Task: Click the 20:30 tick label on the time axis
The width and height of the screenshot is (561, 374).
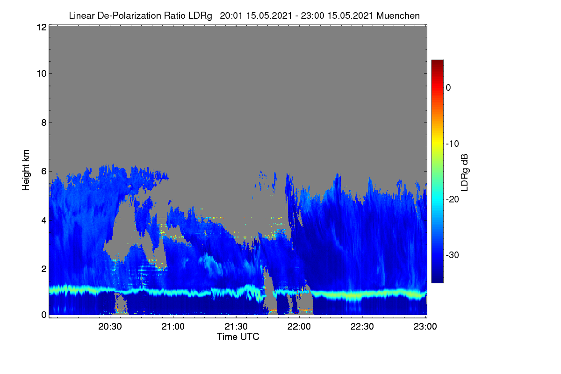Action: [x=110, y=326]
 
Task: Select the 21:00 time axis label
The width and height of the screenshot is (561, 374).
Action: [x=173, y=326]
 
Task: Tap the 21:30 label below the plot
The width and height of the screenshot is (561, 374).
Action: [x=236, y=326]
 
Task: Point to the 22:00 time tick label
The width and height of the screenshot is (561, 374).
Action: [x=299, y=326]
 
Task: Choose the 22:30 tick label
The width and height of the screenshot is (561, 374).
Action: [x=362, y=326]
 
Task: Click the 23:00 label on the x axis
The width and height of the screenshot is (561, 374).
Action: [x=425, y=326]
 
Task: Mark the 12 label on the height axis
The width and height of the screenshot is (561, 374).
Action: [x=42, y=27]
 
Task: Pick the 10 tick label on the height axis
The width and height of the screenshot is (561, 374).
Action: [x=42, y=74]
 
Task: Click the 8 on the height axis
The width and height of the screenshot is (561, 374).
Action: [x=44, y=122]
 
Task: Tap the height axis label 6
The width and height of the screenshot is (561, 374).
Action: [x=44, y=172]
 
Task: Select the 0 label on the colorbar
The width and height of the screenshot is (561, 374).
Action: [x=448, y=88]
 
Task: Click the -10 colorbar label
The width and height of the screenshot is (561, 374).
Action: [x=453, y=144]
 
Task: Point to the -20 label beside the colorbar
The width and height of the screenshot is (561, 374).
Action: [x=453, y=200]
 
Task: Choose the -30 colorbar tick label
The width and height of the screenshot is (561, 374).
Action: [x=453, y=255]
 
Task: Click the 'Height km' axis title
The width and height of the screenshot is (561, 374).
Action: [x=26, y=170]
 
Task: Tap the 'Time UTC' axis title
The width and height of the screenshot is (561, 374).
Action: [x=238, y=337]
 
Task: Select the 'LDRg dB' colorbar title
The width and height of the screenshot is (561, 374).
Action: [x=465, y=173]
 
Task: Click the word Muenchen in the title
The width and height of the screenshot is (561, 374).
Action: [x=398, y=15]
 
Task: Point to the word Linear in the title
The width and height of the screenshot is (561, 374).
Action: [x=82, y=15]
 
